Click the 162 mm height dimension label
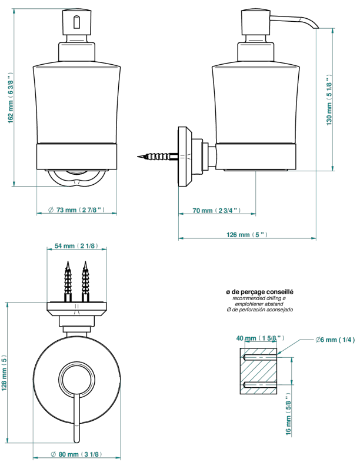pyautogui.click(x=11, y=98)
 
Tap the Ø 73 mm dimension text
pyautogui.click(x=76, y=210)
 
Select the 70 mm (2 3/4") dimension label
pyautogui.click(x=216, y=211)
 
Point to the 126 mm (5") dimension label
pyautogui.click(x=246, y=234)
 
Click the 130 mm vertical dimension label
pyautogui.click(x=329, y=99)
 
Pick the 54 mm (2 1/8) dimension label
pyautogui.click(x=76, y=246)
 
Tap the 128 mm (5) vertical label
pyautogui.click(x=4, y=373)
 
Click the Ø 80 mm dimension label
pyautogui.click(x=76, y=454)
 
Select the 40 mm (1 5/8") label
pyautogui.click(x=260, y=338)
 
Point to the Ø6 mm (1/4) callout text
pyautogui.click(x=335, y=340)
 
